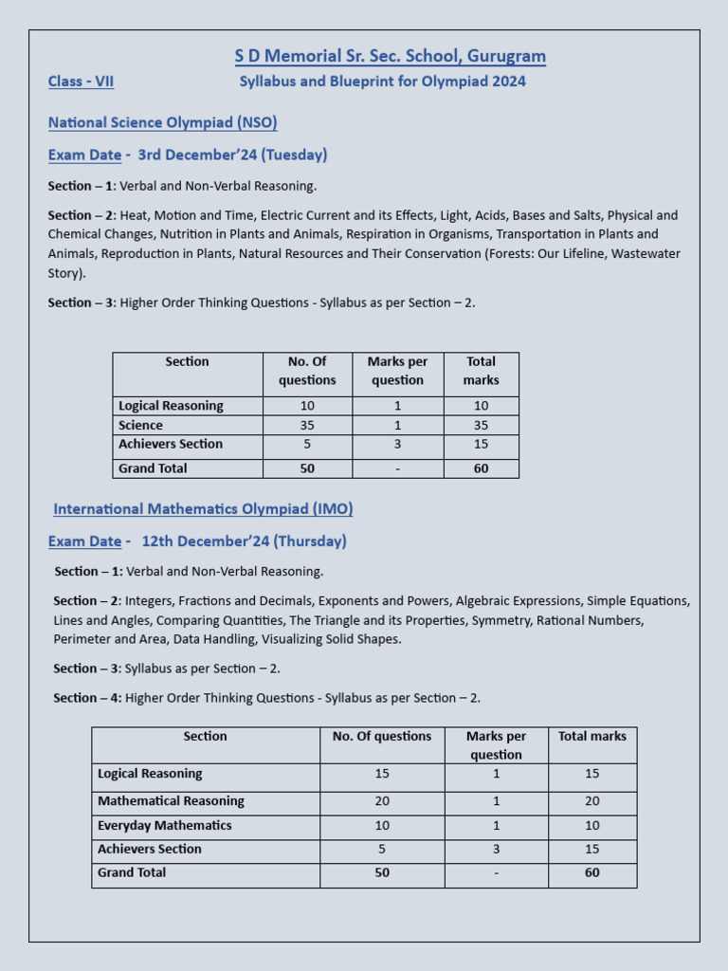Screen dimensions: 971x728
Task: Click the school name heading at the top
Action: point(390,56)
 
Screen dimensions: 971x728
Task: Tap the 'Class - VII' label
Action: point(81,82)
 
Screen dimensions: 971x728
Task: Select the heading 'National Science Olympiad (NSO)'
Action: point(162,122)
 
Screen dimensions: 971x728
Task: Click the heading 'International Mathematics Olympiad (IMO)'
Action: point(203,509)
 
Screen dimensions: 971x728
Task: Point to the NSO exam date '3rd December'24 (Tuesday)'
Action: point(232,155)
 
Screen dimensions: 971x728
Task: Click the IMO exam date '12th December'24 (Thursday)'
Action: point(244,541)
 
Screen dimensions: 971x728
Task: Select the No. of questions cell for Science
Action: point(307,426)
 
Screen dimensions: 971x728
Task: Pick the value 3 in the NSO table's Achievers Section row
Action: point(397,445)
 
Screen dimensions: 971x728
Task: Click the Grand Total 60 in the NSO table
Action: point(481,468)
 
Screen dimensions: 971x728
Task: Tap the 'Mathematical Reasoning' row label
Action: point(171,801)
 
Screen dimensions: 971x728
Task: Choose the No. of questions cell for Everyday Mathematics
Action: point(382,826)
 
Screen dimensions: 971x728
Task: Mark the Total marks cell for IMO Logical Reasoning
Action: point(591,774)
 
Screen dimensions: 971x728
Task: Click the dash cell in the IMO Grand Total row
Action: point(496,873)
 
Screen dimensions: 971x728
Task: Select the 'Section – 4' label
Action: point(87,698)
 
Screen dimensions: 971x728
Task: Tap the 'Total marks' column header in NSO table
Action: point(481,371)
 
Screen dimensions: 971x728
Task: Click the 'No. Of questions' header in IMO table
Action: point(382,737)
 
